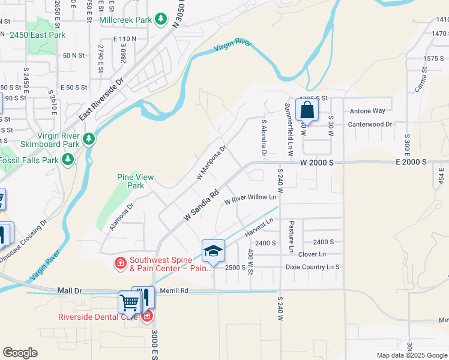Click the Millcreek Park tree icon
160,20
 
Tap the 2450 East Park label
37,35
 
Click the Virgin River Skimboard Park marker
89,140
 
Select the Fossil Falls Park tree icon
68,160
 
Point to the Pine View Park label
135,181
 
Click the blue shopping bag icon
307,110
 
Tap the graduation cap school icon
213,251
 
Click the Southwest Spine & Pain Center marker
121,262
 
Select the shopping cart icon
130,303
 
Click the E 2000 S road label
411,162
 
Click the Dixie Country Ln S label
312,267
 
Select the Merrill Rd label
175,290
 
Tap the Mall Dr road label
70,290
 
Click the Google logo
20,353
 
